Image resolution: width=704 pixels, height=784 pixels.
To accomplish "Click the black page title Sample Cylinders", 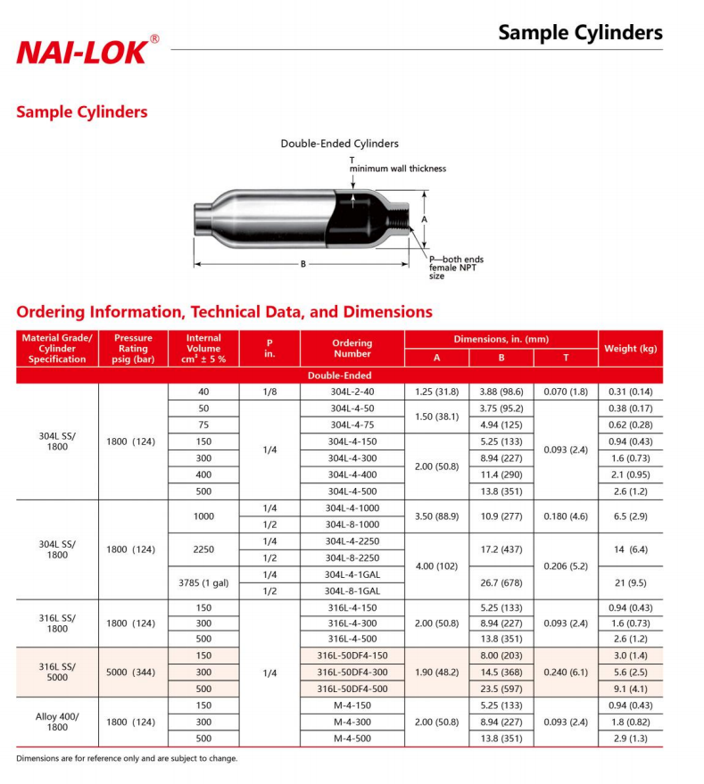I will click(580, 33).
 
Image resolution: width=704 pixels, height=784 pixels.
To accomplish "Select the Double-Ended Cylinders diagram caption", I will click(339, 144).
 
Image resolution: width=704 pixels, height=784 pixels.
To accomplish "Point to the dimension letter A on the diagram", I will click(425, 219).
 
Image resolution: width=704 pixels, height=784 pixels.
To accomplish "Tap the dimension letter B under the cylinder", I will click(303, 264).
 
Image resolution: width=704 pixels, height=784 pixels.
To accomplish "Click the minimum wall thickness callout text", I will click(397, 169).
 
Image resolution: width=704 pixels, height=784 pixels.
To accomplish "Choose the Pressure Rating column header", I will click(133, 349).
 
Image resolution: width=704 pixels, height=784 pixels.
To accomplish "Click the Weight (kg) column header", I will click(630, 349).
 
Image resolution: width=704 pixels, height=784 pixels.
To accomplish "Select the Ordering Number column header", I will click(352, 349).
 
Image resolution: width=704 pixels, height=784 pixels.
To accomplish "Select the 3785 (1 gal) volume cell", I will click(203, 583).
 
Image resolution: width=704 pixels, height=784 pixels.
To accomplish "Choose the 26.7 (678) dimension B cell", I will click(501, 583).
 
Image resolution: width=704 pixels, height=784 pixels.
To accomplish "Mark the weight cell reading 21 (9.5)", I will click(630, 583).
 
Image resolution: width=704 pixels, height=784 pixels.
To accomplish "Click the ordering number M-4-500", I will click(352, 739).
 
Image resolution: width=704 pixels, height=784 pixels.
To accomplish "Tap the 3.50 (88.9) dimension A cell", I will click(436, 516).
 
